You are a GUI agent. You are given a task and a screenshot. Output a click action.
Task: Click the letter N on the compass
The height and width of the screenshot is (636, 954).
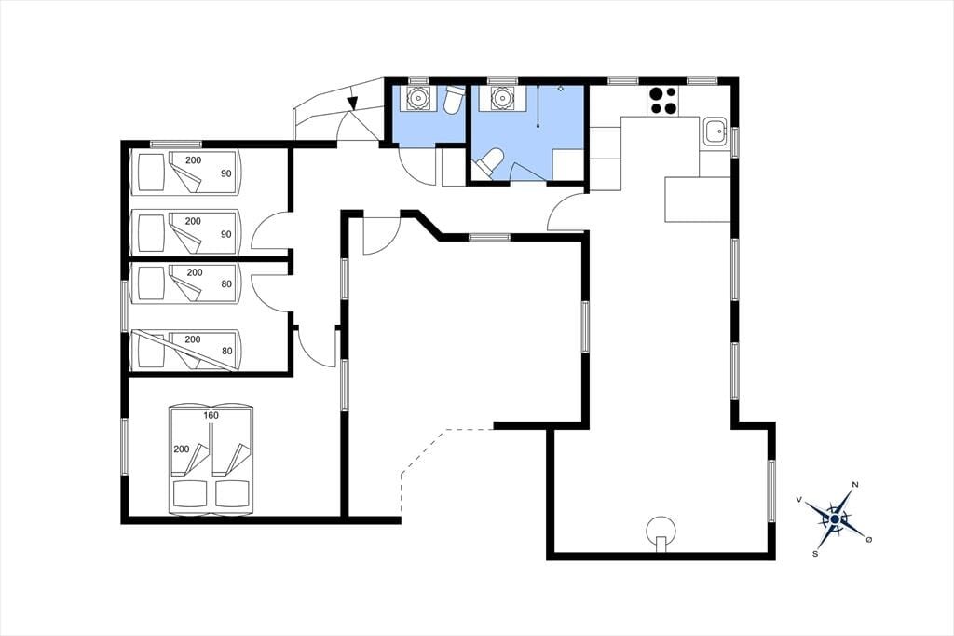click(x=855, y=485)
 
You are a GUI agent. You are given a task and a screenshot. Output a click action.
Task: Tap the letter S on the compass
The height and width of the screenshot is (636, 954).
click(x=814, y=554)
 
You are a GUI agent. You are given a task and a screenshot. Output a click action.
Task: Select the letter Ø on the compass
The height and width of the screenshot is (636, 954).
click(x=869, y=539)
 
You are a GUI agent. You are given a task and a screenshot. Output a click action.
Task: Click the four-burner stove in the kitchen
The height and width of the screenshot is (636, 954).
click(x=663, y=101)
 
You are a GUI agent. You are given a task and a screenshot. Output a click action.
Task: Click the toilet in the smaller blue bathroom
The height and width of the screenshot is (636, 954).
click(x=454, y=100)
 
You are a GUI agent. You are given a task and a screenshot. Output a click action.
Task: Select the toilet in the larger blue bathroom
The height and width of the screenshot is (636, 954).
click(x=489, y=163)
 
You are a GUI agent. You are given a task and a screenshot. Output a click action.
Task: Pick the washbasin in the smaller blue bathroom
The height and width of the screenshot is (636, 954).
click(x=418, y=98)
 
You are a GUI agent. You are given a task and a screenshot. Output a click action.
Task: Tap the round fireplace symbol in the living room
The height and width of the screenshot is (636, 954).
click(x=661, y=532)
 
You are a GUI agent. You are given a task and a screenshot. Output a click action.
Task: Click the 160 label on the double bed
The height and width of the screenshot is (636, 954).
click(x=211, y=416)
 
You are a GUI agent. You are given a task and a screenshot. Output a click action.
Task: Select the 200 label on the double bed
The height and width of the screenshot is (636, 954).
click(x=182, y=449)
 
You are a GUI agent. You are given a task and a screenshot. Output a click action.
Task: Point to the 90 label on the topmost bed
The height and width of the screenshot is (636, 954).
click(x=226, y=173)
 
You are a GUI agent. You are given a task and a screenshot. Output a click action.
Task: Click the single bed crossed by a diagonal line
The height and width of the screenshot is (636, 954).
click(x=184, y=351)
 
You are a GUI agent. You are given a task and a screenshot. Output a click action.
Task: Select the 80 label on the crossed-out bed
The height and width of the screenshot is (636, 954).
click(x=226, y=351)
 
